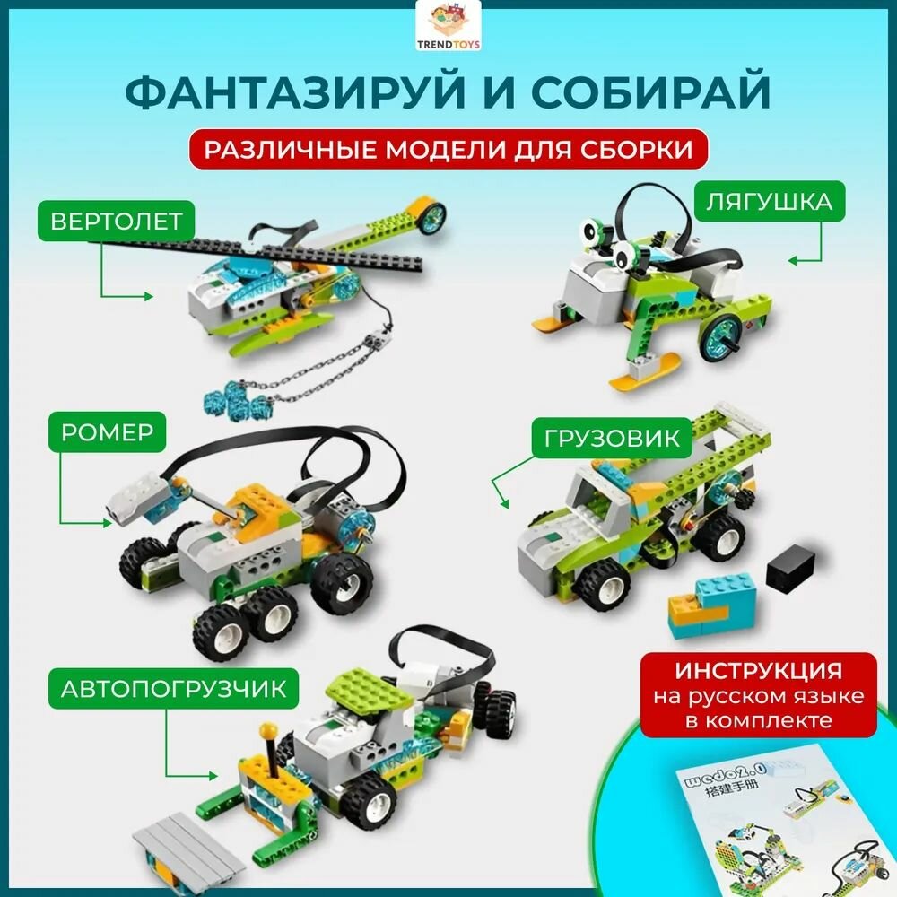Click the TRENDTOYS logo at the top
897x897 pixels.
pos(448,27)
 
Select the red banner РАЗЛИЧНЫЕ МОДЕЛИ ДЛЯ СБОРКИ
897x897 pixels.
pos(448,149)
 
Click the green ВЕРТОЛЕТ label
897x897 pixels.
pos(117,220)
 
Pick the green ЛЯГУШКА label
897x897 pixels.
pos(768,202)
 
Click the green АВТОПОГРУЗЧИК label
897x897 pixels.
pos(174,689)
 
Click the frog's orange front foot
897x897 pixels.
pos(556,322)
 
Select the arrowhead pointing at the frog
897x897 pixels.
pos(794,260)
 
